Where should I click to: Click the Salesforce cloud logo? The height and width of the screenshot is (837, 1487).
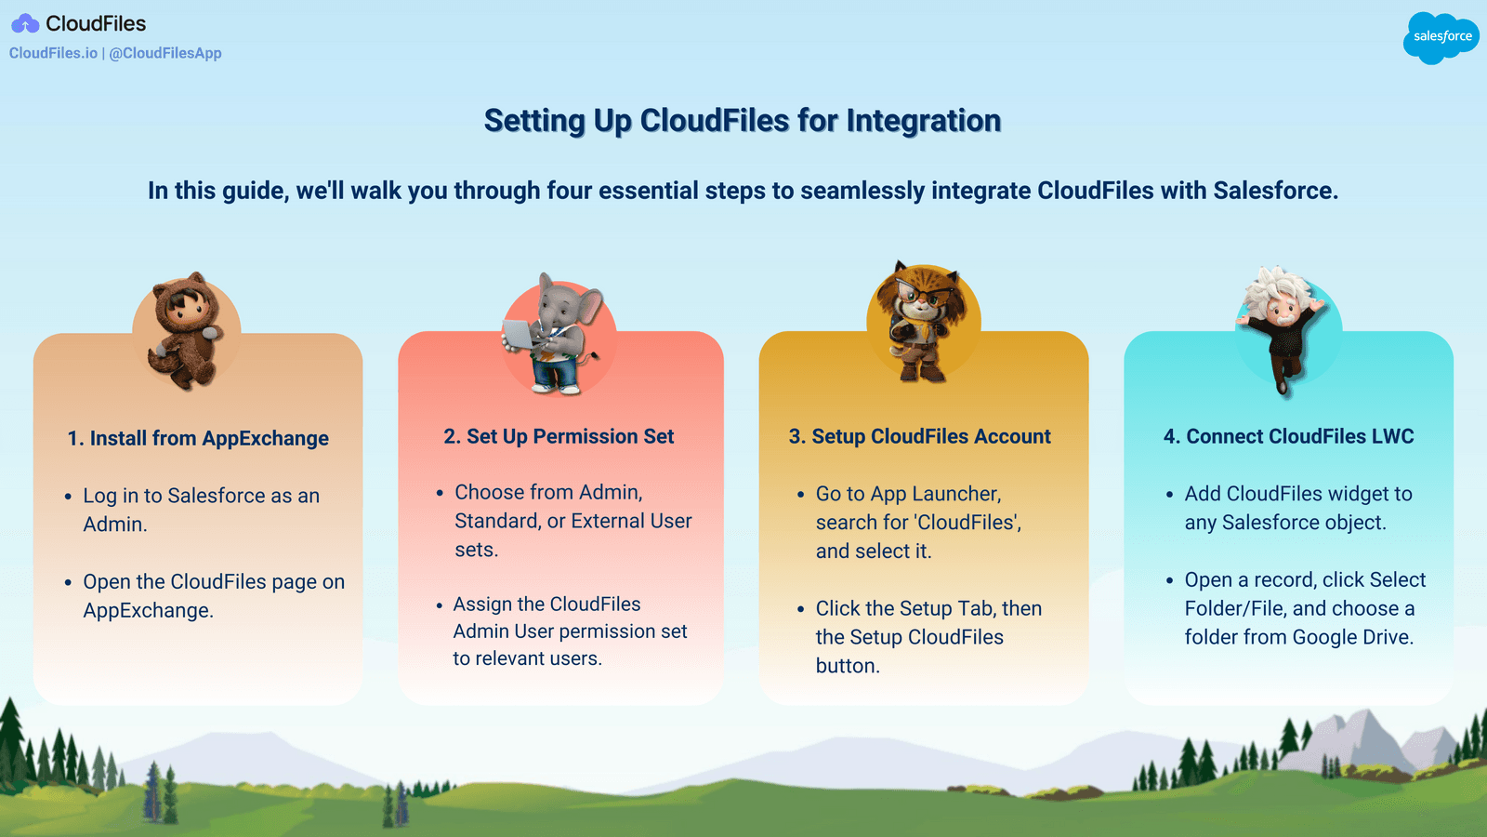[x=1441, y=37]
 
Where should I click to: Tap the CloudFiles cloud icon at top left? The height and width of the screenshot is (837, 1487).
[x=25, y=23]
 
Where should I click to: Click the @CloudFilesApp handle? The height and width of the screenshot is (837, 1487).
[x=165, y=53]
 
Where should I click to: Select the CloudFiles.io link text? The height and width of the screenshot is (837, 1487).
[x=53, y=53]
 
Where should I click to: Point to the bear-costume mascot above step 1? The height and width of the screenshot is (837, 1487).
[x=187, y=330]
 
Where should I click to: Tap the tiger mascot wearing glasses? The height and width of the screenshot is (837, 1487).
[x=922, y=321]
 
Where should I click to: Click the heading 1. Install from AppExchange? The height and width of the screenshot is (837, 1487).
[x=198, y=438]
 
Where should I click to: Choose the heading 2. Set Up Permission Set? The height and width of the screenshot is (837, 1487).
[x=559, y=436]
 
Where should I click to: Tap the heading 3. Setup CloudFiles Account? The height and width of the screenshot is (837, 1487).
[x=919, y=436]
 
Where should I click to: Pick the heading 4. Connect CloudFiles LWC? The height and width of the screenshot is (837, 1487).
[x=1288, y=436]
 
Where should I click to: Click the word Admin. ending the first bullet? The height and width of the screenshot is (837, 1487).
[x=115, y=525]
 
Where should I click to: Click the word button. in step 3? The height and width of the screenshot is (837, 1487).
[x=848, y=666]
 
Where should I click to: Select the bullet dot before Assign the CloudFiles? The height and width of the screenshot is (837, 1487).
[x=439, y=605]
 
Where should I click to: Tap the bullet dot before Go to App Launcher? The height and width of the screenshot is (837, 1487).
[x=800, y=495]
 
